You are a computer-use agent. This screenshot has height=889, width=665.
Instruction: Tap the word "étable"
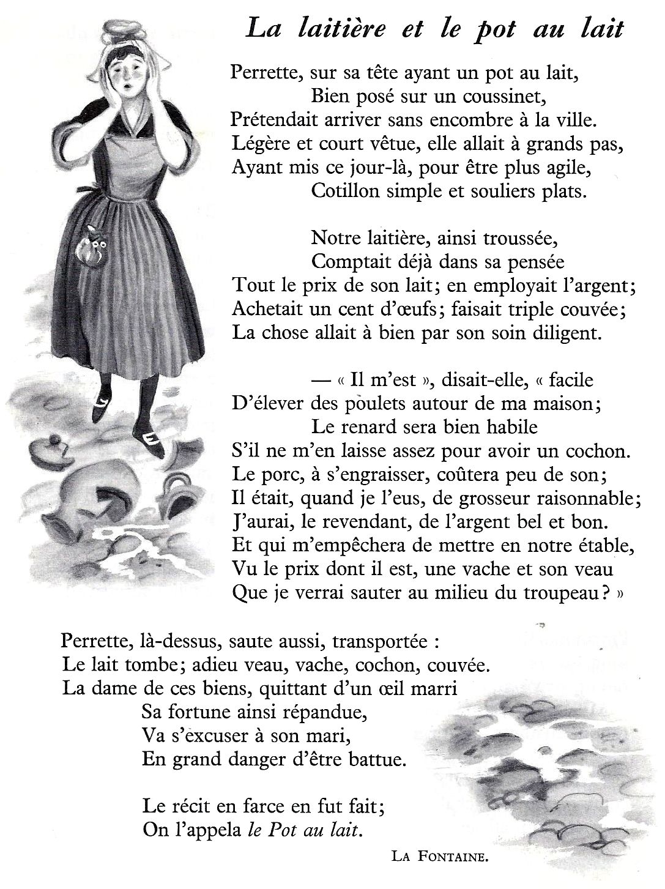(x=601, y=545)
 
